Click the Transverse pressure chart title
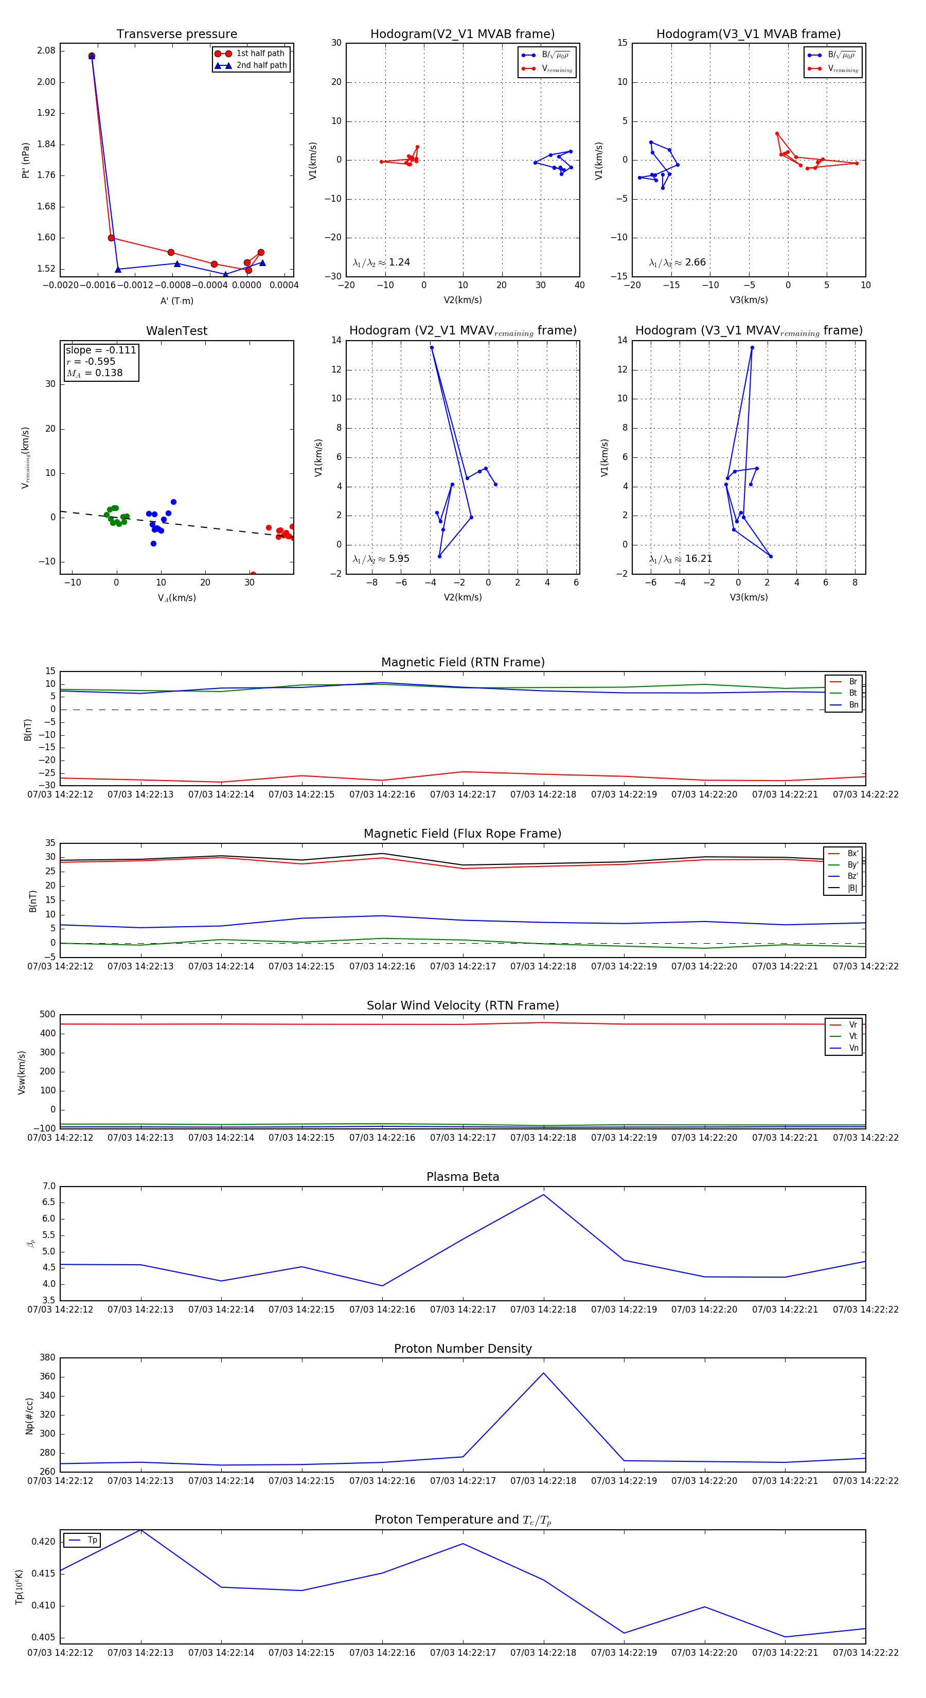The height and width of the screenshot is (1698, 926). [176, 34]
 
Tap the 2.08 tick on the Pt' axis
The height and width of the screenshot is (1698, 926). [46, 51]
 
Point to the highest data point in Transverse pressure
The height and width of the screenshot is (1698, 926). [92, 56]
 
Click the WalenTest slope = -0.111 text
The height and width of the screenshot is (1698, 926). [101, 350]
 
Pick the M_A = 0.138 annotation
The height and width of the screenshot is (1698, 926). [94, 373]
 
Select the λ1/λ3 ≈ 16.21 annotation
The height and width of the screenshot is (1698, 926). [680, 559]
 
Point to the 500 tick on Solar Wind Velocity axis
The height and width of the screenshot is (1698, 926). [47, 1015]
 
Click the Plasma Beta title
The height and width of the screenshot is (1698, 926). [462, 1177]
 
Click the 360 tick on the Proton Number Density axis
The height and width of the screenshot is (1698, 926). [47, 1377]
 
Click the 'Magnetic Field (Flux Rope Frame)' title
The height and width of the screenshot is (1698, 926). [462, 834]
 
